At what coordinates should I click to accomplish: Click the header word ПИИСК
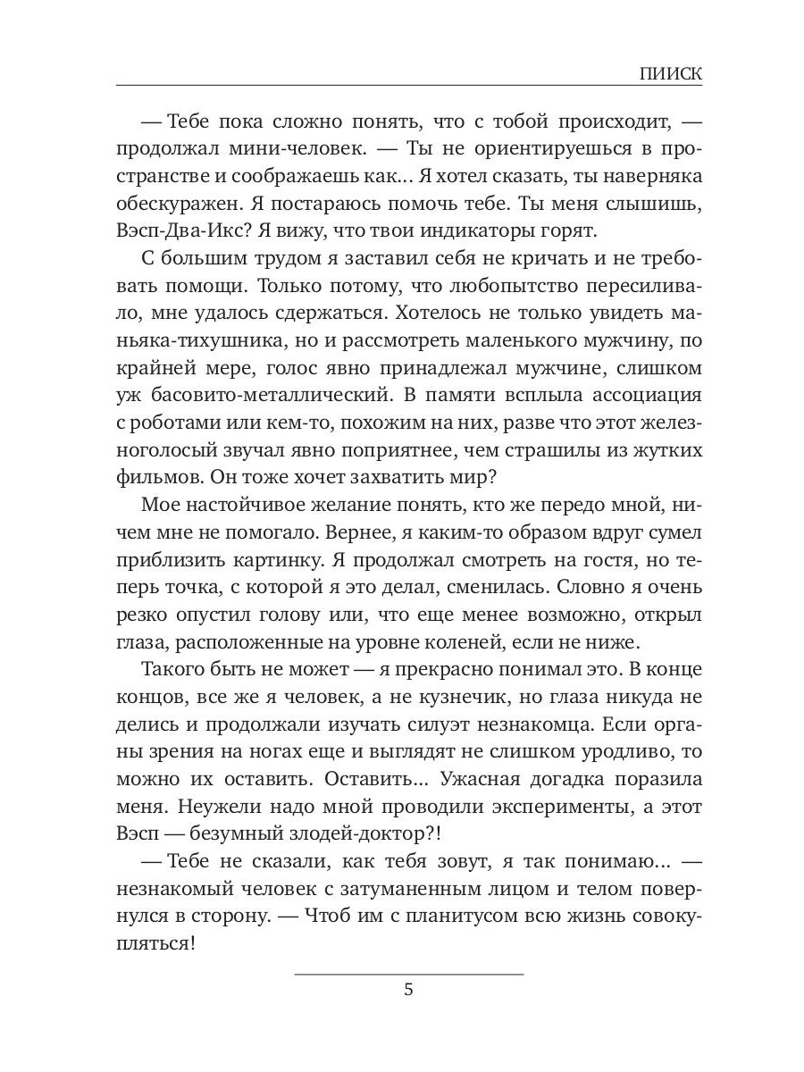[x=671, y=74]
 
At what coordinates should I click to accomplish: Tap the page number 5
[x=409, y=989]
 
